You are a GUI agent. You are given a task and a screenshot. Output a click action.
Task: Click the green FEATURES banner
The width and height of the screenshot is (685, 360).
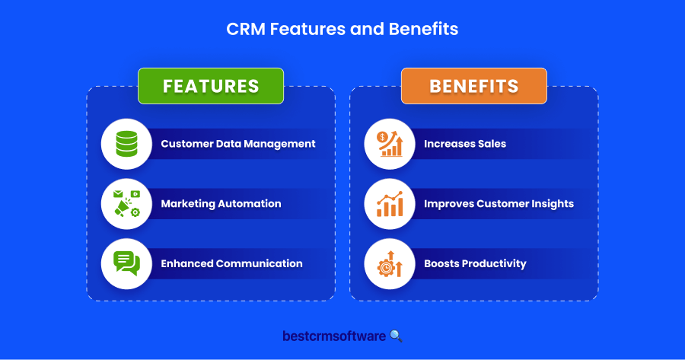(211, 86)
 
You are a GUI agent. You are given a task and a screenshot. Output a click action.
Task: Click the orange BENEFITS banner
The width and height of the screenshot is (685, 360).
(474, 86)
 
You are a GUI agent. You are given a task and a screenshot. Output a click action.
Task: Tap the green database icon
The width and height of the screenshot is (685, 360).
(126, 144)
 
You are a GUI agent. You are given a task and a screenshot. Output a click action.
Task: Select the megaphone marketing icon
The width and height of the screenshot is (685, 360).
(126, 203)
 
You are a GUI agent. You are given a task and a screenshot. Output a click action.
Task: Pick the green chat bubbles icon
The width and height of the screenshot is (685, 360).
(126, 263)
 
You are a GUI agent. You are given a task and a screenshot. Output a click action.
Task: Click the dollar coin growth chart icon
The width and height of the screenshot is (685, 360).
(390, 144)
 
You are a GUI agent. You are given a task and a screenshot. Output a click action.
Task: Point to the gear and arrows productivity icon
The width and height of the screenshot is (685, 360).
(390, 263)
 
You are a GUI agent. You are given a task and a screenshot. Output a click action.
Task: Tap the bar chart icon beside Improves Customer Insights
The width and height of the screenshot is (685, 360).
(390, 203)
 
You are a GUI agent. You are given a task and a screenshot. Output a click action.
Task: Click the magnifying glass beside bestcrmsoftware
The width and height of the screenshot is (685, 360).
(396, 336)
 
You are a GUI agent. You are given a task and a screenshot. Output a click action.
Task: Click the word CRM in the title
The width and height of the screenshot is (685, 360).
(246, 29)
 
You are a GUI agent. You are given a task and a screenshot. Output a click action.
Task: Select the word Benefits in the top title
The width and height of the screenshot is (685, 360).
(423, 29)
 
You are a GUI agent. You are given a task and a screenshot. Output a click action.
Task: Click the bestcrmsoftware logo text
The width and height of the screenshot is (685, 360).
(334, 336)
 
